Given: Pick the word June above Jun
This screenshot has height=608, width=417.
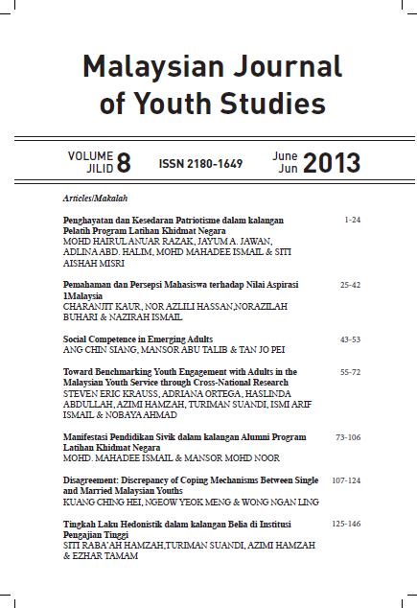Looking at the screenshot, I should click(285, 155).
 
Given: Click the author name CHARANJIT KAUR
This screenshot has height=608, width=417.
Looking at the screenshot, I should click(96, 306).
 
